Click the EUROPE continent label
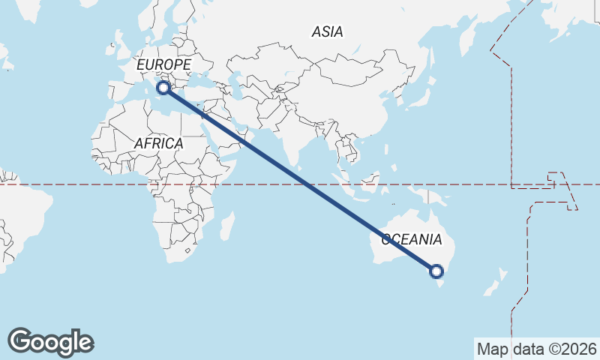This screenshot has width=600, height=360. click(x=163, y=65)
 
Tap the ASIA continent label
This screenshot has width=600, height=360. click(x=327, y=31)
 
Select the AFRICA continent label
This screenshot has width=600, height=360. click(x=158, y=143)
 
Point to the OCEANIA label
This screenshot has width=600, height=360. click(x=412, y=240)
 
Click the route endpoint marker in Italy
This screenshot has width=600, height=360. click(x=163, y=88)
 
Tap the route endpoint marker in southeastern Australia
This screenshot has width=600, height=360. click(x=436, y=271)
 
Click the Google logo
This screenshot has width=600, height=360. click(x=50, y=341)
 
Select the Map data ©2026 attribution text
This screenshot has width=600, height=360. click(x=536, y=349)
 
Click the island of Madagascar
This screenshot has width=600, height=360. click(x=227, y=226)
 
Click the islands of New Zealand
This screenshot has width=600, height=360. click(x=494, y=286)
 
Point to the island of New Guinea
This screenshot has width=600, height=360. click(x=435, y=196)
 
